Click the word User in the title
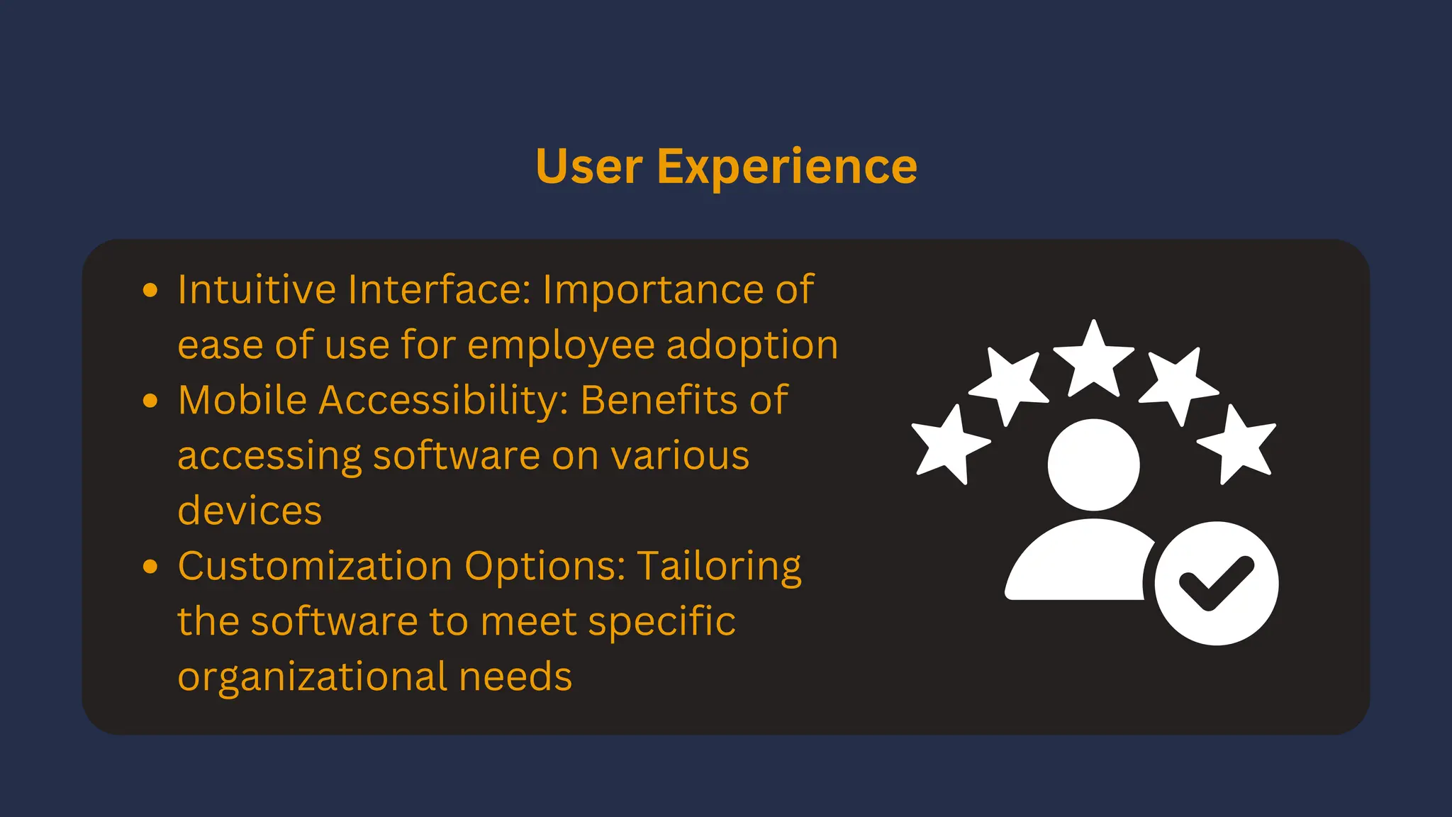point(588,167)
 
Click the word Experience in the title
point(787,167)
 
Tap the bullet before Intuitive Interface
point(150,290)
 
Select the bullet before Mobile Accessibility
point(150,401)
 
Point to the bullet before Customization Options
point(150,567)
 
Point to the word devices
point(250,511)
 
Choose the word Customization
point(315,566)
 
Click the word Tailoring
point(719,567)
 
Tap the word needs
point(515,677)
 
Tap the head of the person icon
point(1093,465)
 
